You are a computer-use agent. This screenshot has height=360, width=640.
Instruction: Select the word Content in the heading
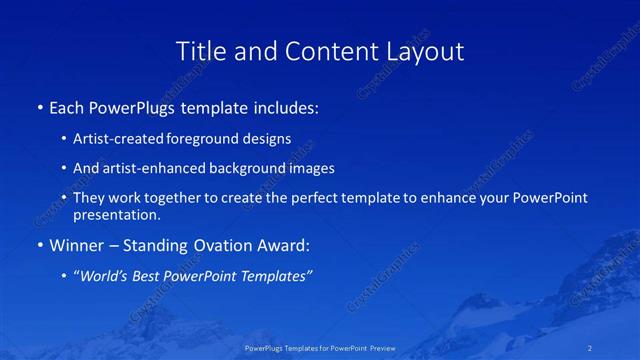pyautogui.click(x=325, y=51)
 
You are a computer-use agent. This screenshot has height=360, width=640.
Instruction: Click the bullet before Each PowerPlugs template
pyautogui.click(x=40, y=106)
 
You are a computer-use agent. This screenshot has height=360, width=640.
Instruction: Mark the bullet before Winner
pyautogui.click(x=40, y=244)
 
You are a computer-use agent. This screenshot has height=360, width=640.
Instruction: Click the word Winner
pyautogui.click(x=77, y=244)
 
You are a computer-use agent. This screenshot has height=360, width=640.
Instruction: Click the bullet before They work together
pyautogui.click(x=64, y=198)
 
